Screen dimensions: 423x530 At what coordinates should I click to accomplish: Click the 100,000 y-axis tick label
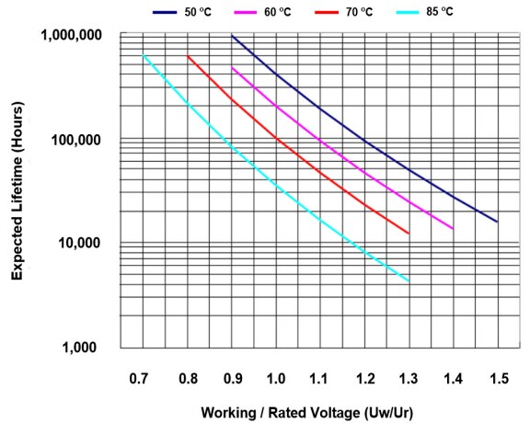pyautogui.click(x=80, y=140)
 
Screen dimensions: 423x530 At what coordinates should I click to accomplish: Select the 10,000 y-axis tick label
pyautogui.click(x=84, y=244)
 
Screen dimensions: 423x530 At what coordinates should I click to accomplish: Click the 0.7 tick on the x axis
pyautogui.click(x=140, y=378)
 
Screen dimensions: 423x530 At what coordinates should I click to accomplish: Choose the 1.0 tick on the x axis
pyautogui.click(x=275, y=378)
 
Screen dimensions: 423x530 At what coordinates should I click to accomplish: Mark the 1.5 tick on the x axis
pyautogui.click(x=498, y=378)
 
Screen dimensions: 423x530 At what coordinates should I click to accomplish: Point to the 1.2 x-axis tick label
pyautogui.click(x=364, y=378)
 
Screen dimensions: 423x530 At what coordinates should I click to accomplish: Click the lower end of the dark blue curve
pyautogui.click(x=497, y=222)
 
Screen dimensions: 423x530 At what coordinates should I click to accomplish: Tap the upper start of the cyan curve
pyautogui.click(x=144, y=56)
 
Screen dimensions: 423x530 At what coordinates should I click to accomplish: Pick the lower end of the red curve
pyautogui.click(x=409, y=234)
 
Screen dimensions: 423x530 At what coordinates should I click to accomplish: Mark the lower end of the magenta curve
pyautogui.click(x=453, y=228)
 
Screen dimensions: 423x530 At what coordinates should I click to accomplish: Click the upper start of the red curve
pyautogui.click(x=188, y=56)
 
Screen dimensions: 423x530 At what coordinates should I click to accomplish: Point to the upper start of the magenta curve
pyautogui.click(x=232, y=67)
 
